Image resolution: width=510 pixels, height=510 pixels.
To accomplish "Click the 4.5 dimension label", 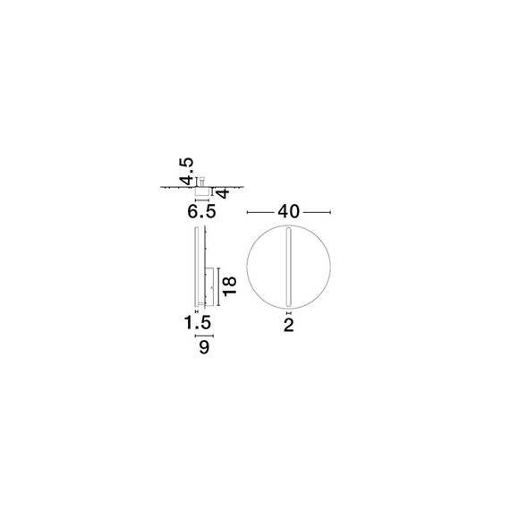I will point(185,169).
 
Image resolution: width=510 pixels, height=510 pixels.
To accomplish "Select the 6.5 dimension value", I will point(201,212).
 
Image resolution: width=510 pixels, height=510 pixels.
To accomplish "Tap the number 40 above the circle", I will point(287,212).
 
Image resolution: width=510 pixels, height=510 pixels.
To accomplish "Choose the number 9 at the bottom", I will point(204,349).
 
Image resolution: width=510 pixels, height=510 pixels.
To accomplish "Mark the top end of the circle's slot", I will point(288,230).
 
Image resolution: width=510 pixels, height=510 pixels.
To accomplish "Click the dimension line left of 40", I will point(261,213).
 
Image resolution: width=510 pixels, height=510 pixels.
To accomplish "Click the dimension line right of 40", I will point(317,213).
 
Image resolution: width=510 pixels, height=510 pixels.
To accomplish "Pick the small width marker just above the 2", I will point(288,314).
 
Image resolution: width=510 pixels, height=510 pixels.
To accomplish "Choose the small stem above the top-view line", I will point(202,180).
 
